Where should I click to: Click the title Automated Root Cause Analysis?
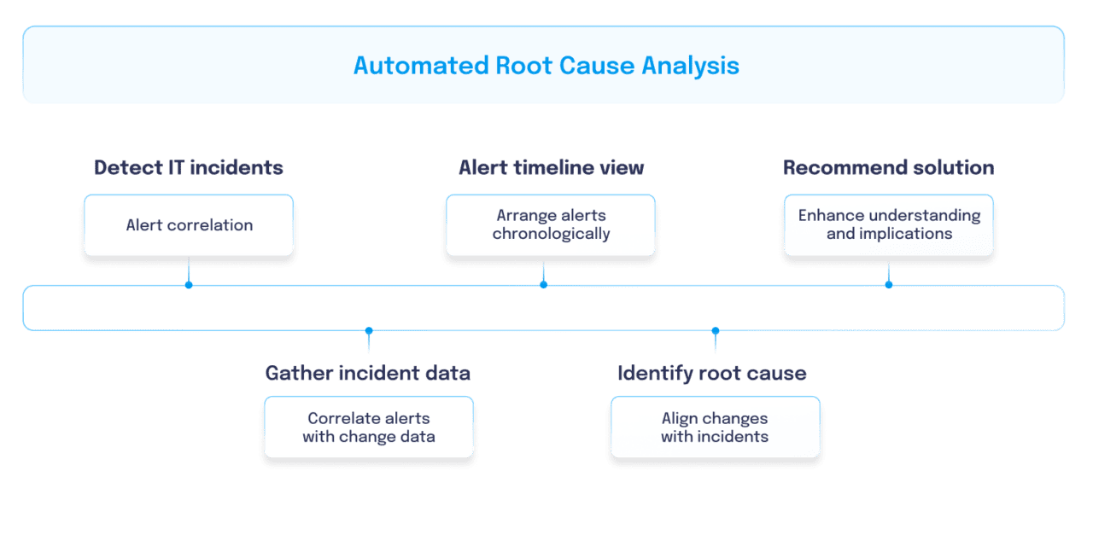pyautogui.click(x=546, y=66)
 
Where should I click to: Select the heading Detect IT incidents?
pyautogui.click(x=189, y=167)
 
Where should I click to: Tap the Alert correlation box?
pyautogui.click(x=189, y=225)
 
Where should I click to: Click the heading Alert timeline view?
pyautogui.click(x=551, y=167)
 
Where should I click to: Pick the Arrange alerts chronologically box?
pyautogui.click(x=551, y=225)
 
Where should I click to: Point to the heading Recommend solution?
pyautogui.click(x=888, y=167)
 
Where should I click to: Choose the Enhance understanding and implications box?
pyautogui.click(x=888, y=225)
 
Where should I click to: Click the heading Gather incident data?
pyautogui.click(x=367, y=373)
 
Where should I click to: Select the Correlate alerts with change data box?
pyautogui.click(x=369, y=427)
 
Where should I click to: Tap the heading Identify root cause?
pyautogui.click(x=711, y=373)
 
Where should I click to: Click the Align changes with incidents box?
pyautogui.click(x=715, y=427)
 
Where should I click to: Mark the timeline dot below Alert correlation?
pyautogui.click(x=189, y=284)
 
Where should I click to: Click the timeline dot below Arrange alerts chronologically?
pyautogui.click(x=543, y=284)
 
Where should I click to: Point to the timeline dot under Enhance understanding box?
pyautogui.click(x=888, y=284)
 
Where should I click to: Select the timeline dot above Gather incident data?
pyautogui.click(x=369, y=330)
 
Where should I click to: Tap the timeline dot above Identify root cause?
pyautogui.click(x=716, y=330)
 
